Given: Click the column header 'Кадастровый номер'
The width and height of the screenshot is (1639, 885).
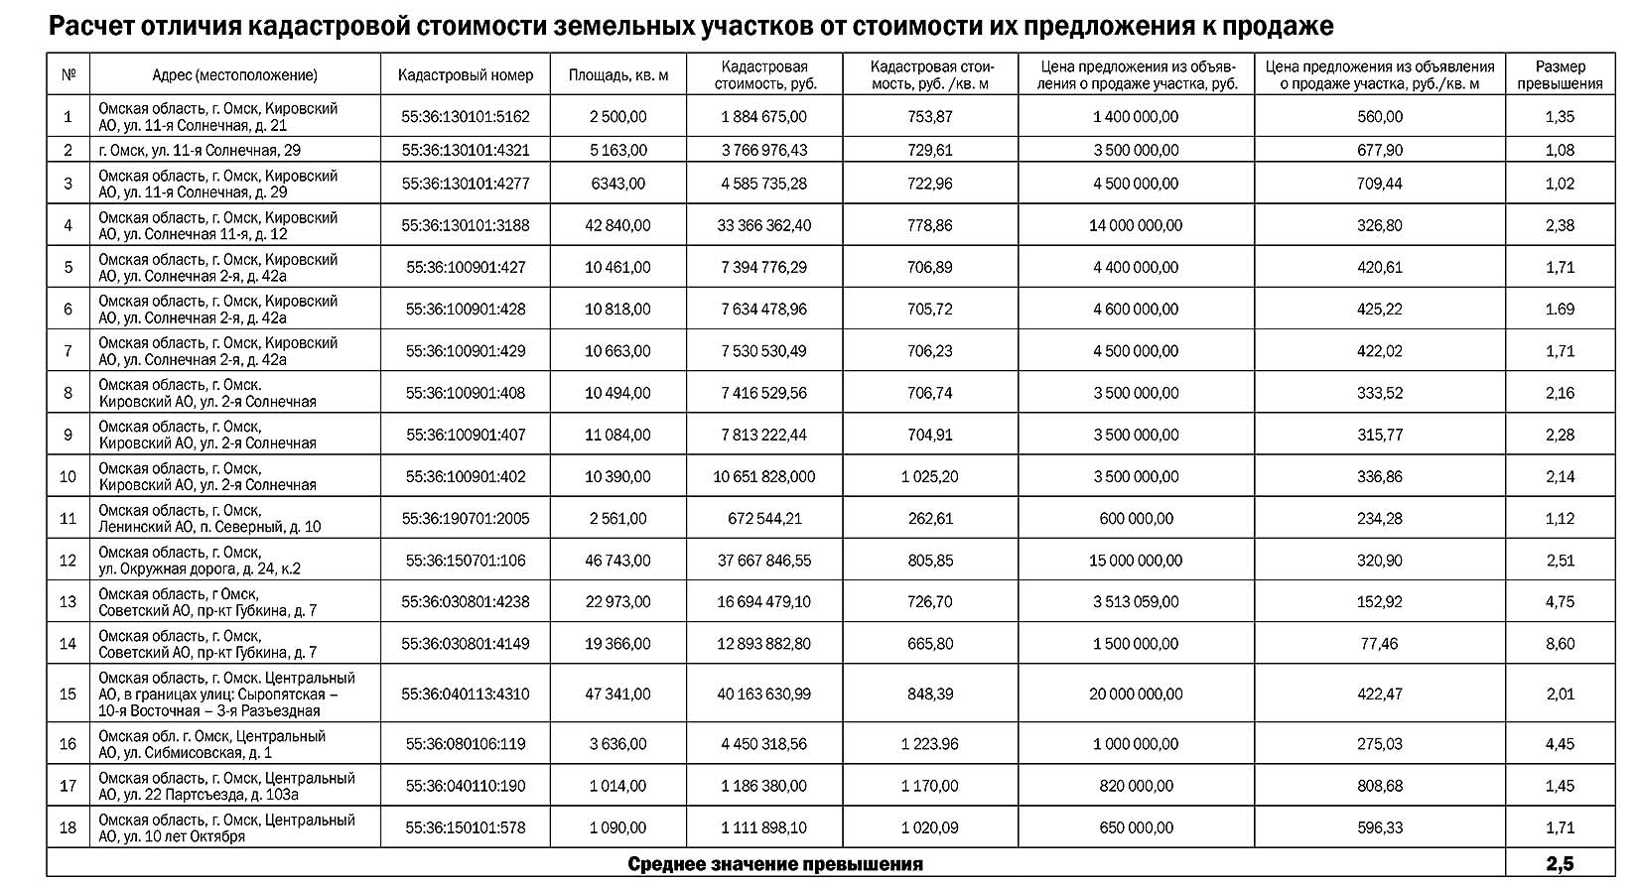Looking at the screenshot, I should coord(465,75).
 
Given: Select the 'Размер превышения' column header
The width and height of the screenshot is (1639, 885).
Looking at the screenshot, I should coord(1560,75).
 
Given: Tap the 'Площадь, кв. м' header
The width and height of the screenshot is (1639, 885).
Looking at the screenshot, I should coord(617,75).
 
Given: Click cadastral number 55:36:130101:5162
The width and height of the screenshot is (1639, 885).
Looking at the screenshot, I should coord(465,117).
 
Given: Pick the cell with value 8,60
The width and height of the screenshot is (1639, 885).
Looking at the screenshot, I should coord(1560,644).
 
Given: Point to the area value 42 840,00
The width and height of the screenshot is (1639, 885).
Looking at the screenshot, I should coord(617,225).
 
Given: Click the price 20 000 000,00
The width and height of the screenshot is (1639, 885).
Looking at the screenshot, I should coord(1136,694).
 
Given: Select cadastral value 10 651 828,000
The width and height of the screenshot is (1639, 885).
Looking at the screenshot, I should coord(763,477).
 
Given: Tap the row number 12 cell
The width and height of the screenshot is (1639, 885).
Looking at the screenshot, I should coord(68,561).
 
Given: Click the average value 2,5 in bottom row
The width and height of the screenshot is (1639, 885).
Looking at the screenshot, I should coord(1560,864).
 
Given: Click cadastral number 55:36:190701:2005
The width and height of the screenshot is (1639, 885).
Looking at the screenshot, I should coord(465,519).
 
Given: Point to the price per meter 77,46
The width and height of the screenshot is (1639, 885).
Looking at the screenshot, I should coord(1379,644).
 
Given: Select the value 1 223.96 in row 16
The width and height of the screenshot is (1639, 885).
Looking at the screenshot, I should coord(929,744).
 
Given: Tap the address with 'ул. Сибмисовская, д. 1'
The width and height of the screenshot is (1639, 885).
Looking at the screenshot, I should coord(211,744).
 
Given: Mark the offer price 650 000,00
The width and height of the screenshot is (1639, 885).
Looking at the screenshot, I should coord(1136,827).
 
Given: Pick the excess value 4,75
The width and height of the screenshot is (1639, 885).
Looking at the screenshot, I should coord(1560,602).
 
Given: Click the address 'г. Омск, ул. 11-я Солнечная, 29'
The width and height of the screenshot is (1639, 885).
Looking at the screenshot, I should coord(200,151).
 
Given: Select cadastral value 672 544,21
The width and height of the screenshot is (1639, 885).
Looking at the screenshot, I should coord(763,519).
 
